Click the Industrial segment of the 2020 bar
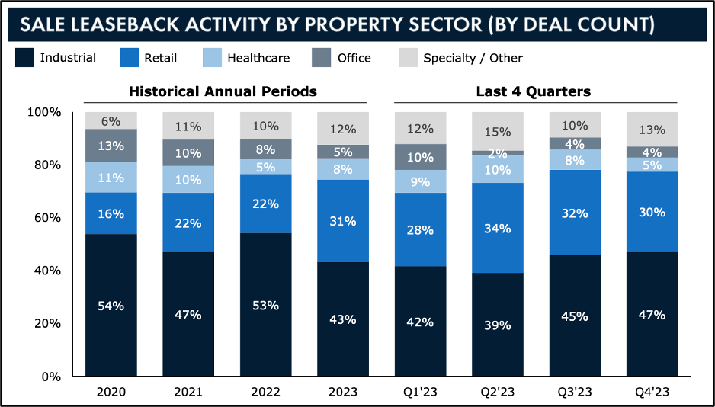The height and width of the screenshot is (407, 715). pos(111,305)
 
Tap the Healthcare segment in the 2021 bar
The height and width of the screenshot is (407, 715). pos(188,179)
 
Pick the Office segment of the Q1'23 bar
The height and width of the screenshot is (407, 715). pos(419,156)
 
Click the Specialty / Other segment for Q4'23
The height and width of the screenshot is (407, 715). pos(652,129)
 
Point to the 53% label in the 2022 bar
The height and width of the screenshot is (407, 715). pos(265,305)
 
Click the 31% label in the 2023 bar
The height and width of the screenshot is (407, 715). pos(342,221)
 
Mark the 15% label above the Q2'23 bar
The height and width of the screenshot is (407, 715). pos(497,132)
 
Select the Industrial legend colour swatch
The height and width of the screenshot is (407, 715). pos(24,57)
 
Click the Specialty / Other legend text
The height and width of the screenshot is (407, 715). pos(473,58)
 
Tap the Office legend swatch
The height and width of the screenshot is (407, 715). pos(322,57)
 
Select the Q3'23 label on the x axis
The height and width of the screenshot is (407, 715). pos(575,393)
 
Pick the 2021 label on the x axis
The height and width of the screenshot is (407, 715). pos(188,393)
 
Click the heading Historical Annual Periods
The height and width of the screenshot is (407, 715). pos(223,91)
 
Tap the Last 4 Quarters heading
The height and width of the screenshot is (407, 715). pos(534,91)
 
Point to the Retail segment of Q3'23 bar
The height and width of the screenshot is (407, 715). pos(575,213)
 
